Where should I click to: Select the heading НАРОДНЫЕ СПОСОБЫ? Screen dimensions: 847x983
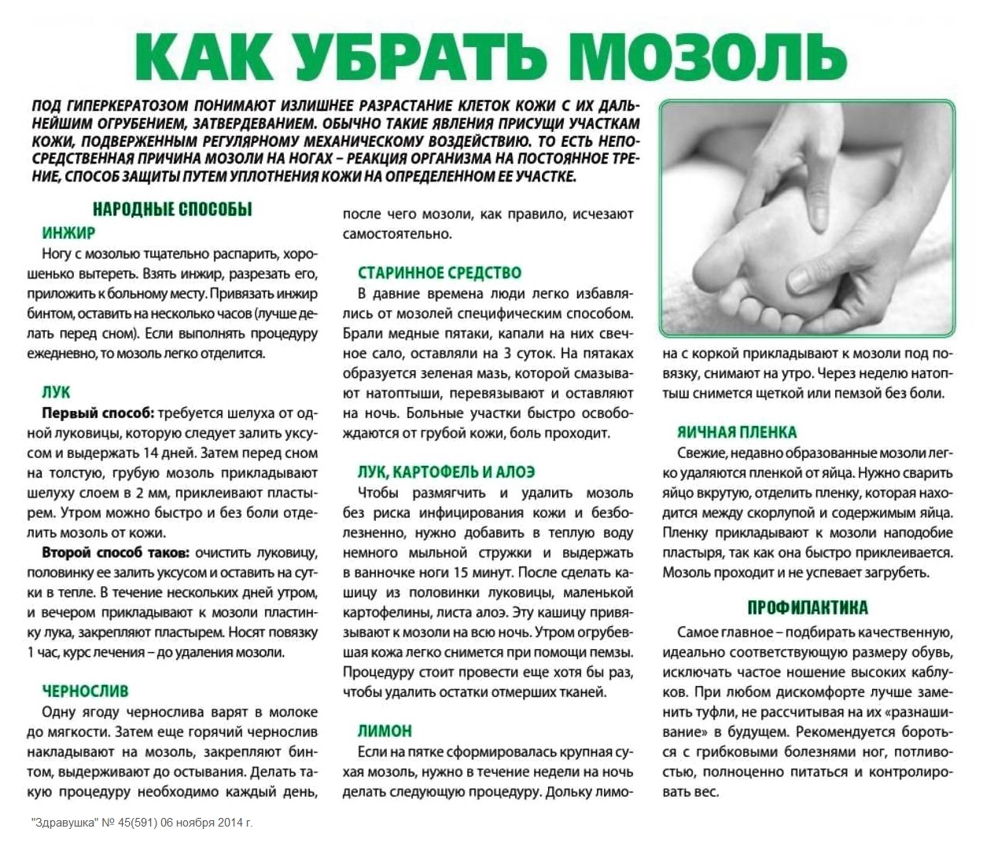tap(172, 210)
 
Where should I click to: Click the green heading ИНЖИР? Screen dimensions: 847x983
tap(68, 233)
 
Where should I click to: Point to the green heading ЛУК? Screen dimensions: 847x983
tap(56, 392)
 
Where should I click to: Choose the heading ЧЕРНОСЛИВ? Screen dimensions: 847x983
tap(85, 691)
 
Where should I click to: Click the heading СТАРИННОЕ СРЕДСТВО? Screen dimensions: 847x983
tap(439, 273)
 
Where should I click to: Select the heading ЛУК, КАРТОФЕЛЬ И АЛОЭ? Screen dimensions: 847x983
tap(446, 472)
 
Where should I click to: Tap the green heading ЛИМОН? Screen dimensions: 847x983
tap(385, 731)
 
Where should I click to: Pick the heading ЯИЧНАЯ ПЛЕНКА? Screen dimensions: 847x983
tap(737, 432)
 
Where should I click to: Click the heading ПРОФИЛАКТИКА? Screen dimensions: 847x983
tap(808, 608)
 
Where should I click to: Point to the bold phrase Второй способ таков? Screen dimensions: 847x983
tap(115, 552)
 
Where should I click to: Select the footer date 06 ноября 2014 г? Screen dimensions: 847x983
tap(207, 823)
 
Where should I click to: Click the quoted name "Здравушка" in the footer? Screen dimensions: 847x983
tap(64, 823)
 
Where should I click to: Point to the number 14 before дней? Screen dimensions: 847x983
tap(151, 453)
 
